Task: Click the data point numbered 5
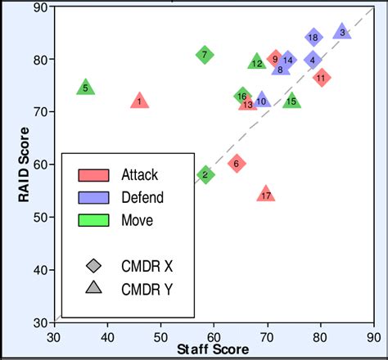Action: pos(86,88)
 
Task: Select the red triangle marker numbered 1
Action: pos(140,101)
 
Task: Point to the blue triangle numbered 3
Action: pos(342,32)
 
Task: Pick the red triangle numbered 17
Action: pos(265,194)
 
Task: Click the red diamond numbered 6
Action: pos(237,163)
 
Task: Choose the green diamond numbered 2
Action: pos(205,174)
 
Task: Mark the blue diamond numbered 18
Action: pos(314,38)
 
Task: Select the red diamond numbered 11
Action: pos(321,78)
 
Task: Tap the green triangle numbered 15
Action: pos(291,101)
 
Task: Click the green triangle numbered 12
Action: pos(257,62)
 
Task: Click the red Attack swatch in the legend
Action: pos(93,174)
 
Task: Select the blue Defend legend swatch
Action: pos(93,197)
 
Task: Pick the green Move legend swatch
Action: pos(93,219)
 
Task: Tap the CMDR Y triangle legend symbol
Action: pos(93,287)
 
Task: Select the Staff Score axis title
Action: pos(213,349)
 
